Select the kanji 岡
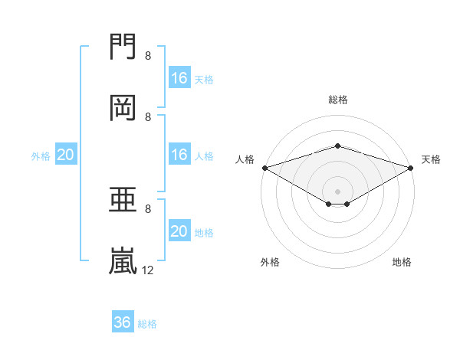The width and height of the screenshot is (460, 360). click(123, 107)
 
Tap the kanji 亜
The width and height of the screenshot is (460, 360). click(123, 200)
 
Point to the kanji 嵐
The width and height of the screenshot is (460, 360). click(123, 260)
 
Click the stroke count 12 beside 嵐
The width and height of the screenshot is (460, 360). click(148, 270)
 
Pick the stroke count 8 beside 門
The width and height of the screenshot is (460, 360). click(148, 55)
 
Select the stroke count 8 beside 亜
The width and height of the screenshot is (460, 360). click(148, 208)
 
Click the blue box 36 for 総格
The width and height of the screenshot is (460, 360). click(123, 322)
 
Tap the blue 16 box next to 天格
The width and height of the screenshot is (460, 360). click(179, 77)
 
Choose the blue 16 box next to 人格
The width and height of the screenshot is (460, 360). click(179, 154)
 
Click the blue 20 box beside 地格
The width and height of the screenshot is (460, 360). click(179, 231)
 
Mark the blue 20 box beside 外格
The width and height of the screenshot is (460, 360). click(66, 154)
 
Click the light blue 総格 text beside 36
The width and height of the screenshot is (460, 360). click(147, 324)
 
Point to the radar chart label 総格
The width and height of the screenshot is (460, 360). click(337, 100)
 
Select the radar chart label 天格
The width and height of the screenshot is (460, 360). click(432, 159)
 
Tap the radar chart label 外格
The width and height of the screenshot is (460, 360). click(270, 263)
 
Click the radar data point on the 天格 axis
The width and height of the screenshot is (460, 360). click(411, 167)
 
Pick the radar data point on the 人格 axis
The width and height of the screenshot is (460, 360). click(264, 167)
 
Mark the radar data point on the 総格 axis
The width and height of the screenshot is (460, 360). click(337, 146)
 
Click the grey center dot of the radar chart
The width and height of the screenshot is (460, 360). click(337, 191)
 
